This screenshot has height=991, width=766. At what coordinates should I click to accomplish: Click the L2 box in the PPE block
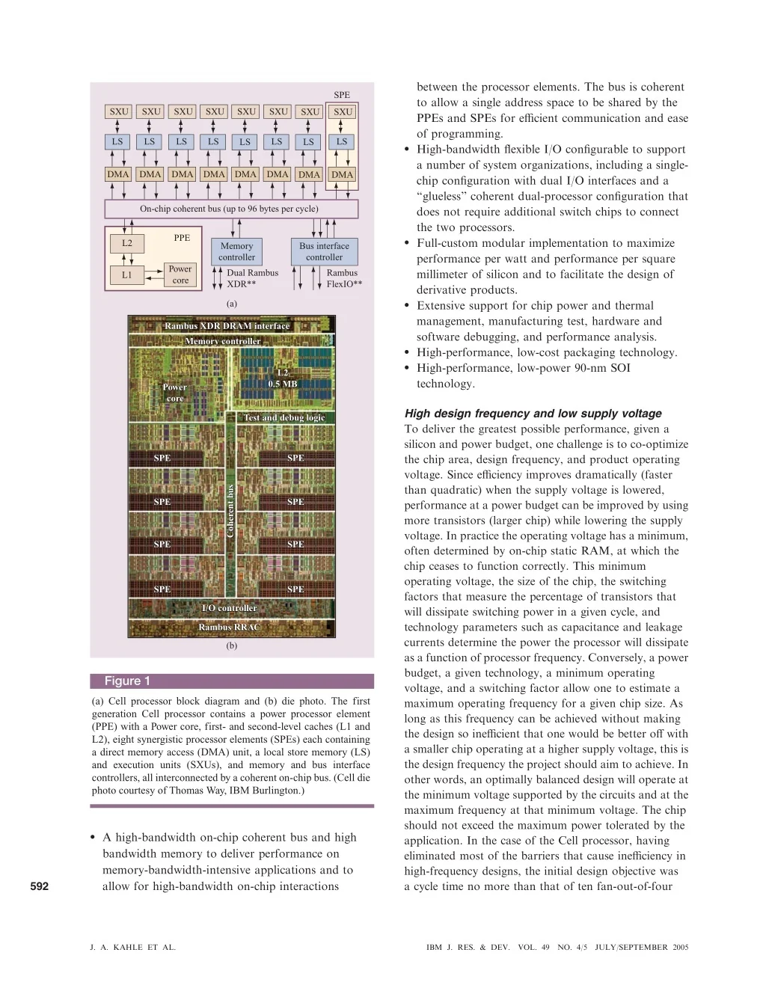click(126, 243)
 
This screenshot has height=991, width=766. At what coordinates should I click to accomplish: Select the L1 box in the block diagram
click(126, 274)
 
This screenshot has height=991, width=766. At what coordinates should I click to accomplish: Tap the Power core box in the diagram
click(180, 274)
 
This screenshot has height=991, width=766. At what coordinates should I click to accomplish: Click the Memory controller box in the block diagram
click(236, 251)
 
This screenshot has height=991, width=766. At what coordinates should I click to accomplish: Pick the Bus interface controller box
click(324, 251)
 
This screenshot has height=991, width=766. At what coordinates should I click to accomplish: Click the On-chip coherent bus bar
click(230, 209)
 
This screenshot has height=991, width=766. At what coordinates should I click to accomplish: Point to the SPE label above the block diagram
click(342, 95)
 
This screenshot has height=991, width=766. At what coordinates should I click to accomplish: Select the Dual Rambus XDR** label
click(252, 278)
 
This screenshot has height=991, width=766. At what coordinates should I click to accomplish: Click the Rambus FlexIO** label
click(344, 278)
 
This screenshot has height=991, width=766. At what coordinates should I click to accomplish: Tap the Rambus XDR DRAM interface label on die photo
click(227, 326)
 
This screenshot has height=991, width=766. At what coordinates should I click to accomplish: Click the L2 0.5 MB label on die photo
click(283, 378)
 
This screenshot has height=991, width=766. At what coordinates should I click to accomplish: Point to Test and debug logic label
click(284, 417)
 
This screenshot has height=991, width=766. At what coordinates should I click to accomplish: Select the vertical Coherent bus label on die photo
click(230, 510)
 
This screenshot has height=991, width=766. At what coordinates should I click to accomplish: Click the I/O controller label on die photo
click(229, 608)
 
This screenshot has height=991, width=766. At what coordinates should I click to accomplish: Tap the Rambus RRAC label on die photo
click(229, 628)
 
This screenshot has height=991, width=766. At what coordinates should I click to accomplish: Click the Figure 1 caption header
click(127, 681)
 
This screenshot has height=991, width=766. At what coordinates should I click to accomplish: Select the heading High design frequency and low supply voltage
click(533, 413)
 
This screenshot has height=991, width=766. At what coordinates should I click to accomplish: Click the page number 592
click(40, 886)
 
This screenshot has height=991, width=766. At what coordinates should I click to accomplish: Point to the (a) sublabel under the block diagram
click(232, 304)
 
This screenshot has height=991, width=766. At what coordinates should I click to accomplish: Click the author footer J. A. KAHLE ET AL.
click(133, 947)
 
